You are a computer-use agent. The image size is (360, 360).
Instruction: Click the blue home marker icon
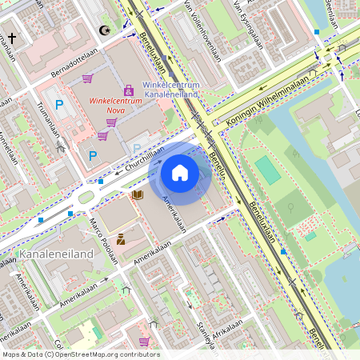[x=180, y=172]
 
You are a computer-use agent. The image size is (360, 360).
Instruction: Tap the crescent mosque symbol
[x=103, y=30]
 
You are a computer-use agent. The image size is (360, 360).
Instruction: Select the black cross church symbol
[x=13, y=38]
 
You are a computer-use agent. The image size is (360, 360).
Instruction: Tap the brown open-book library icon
[x=138, y=194]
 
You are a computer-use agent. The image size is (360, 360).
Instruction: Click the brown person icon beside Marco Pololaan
[x=121, y=238]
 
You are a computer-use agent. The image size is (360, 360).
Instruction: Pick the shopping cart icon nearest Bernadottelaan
[x=87, y=78]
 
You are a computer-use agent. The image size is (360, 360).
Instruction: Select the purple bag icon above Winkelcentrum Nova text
[x=128, y=91]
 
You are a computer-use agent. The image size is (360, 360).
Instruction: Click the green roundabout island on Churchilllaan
[x=86, y=197]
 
